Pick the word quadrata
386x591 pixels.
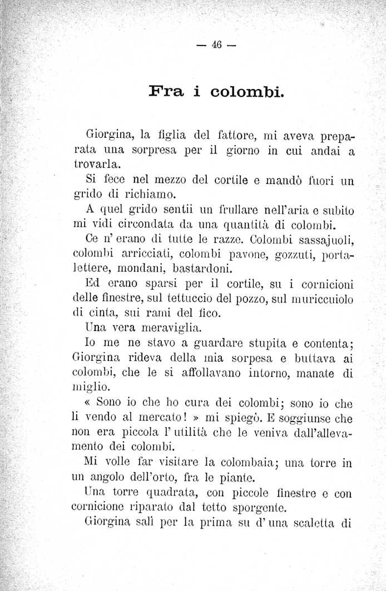click(x=160, y=492)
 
